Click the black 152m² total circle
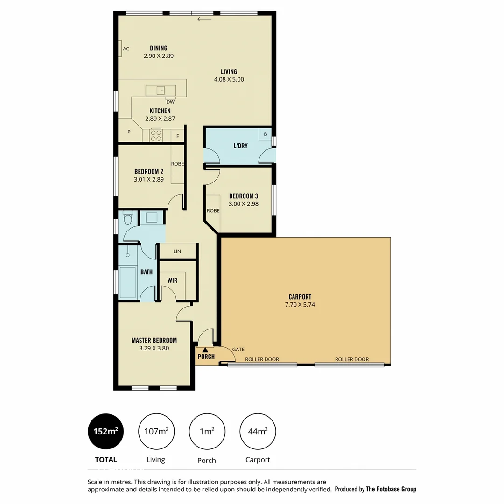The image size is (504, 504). pos(106,432)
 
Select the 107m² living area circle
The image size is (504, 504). pos(156,432)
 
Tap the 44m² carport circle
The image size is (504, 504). pos(258,432)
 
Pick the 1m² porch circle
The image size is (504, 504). pos(207,432)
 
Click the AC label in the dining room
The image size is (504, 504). pos(126,49)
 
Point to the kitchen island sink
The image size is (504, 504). pos(161,90)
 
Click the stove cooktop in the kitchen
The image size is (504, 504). pos(155,135)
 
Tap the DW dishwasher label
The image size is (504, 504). pos(170,102)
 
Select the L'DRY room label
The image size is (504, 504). pos(240,146)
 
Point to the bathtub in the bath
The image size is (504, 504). pos(127,282)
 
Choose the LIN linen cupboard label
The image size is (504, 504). pos(177,252)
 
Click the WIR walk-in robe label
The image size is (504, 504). pos(173,281)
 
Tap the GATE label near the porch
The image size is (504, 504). pos(238,349)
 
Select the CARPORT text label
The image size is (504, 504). pos(300,297)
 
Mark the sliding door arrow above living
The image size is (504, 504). pos(204,19)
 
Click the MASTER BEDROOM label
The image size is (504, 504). pos(154,340)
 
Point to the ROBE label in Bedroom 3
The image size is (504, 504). pos(213,210)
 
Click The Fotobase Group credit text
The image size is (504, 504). pos(391,489)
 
